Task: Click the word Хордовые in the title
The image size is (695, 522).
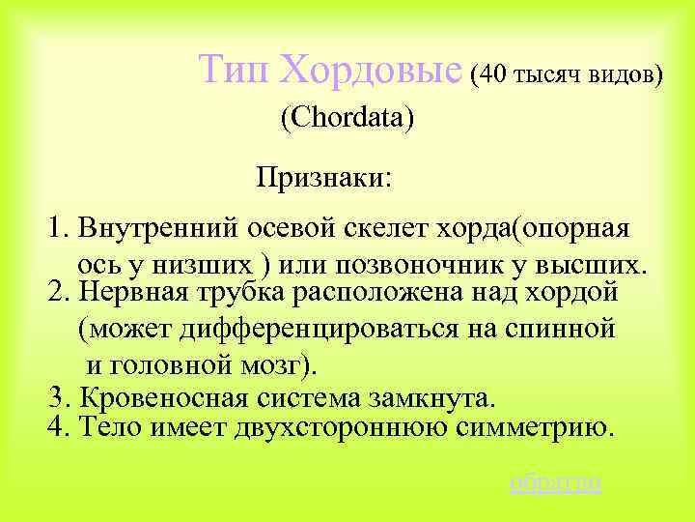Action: pos(371,71)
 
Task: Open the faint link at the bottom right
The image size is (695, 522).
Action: pos(555,481)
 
